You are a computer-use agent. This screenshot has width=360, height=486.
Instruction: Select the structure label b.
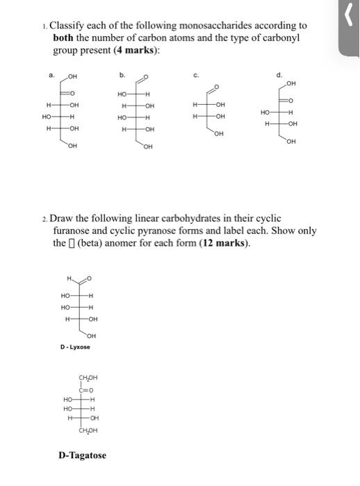[122, 75]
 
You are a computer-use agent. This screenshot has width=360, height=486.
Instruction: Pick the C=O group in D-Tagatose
[88, 390]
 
